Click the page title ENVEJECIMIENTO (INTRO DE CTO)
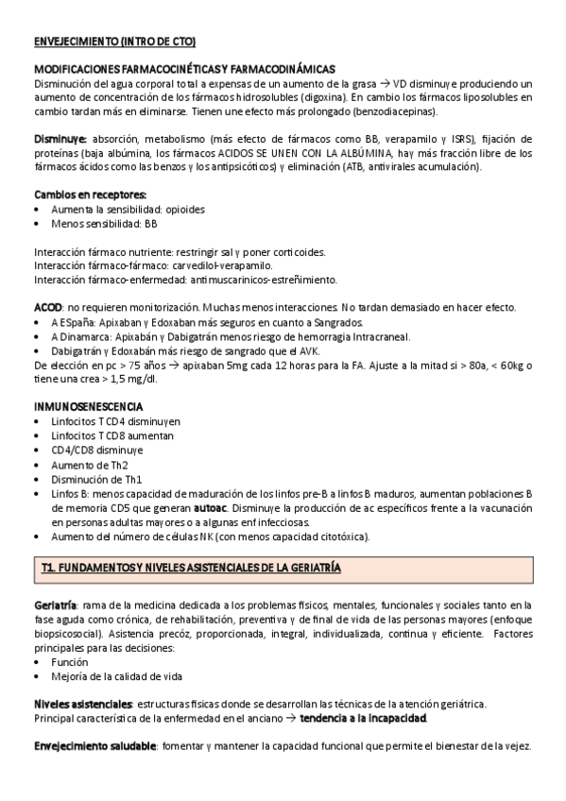click(x=114, y=43)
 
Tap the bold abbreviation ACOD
click(x=48, y=308)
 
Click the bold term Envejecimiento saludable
click(x=94, y=746)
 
